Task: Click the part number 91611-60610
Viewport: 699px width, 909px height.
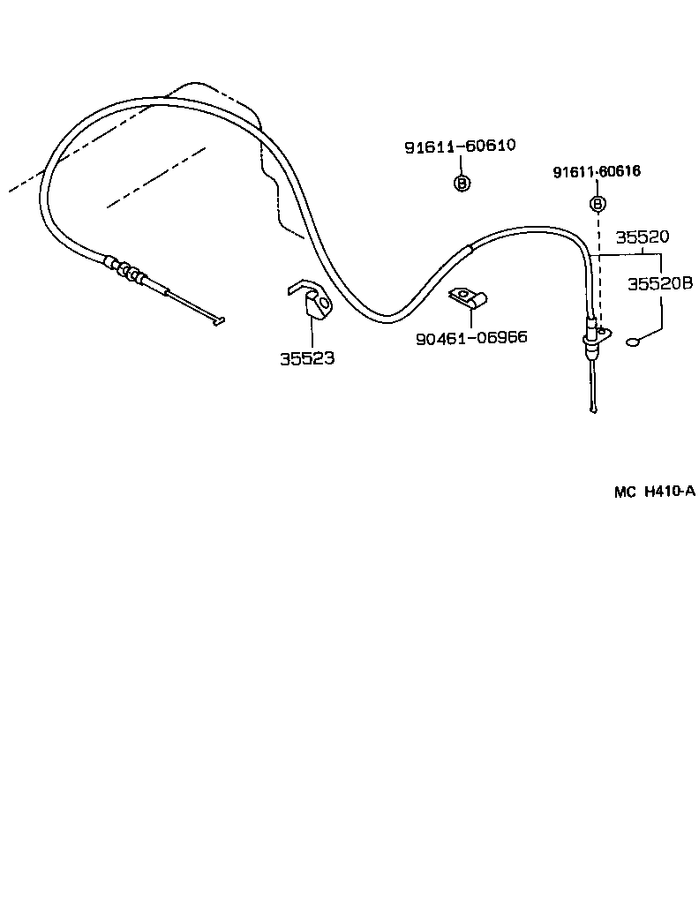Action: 460,146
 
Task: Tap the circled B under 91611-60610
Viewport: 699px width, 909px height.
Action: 461,184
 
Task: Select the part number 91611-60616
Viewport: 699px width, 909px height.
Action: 597,172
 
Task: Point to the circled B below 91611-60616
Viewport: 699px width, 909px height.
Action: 598,205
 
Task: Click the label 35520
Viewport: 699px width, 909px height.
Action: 642,237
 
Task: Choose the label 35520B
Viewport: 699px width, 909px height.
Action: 659,283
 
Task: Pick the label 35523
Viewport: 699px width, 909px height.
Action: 307,359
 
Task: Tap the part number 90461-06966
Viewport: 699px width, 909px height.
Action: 471,337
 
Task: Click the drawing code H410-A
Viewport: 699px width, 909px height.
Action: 670,492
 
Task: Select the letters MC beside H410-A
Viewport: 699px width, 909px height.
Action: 625,492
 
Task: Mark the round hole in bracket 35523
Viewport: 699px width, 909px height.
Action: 323,305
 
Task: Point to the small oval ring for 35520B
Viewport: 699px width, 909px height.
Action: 633,343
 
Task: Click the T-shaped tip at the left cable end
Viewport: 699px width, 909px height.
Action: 219,321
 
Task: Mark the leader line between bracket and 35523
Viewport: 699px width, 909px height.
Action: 310,334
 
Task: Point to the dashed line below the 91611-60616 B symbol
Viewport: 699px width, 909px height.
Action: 598,265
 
